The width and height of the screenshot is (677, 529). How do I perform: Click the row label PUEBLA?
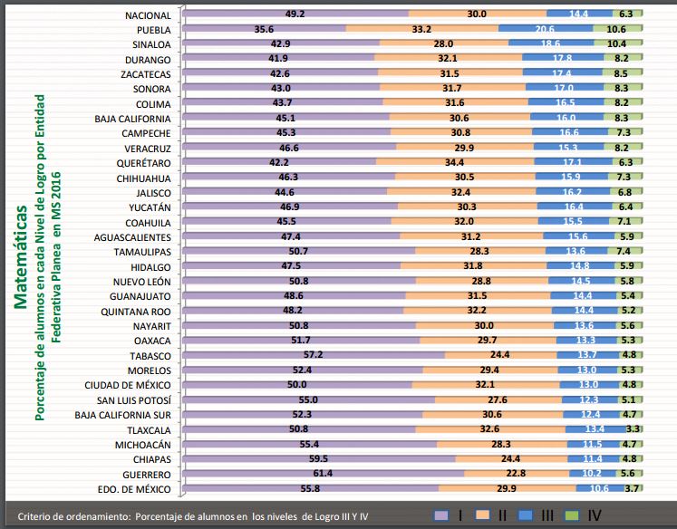[154, 30]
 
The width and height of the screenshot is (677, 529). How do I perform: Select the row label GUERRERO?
[147, 475]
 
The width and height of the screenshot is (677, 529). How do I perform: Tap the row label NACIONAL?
[148, 15]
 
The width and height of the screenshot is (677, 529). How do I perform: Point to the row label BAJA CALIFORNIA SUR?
[122, 415]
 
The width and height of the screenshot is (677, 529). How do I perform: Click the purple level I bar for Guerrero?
[324, 474]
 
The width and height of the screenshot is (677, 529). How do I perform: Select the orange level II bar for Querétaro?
[455, 162]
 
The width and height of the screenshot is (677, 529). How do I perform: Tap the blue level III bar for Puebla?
[546, 29]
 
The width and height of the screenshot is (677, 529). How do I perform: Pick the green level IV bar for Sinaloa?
[618, 43]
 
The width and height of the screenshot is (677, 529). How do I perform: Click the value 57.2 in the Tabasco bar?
[313, 355]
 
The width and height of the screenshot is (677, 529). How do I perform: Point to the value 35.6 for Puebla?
[264, 29]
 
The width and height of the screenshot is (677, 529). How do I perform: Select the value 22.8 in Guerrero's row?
[516, 474]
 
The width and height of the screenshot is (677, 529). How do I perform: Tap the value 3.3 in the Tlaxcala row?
[633, 428]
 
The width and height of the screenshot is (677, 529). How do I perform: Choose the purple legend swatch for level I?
[441, 515]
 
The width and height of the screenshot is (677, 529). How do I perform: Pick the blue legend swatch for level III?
[526, 515]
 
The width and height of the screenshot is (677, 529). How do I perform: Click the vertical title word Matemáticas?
[21, 257]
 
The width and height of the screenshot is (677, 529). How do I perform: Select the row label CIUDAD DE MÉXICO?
[128, 385]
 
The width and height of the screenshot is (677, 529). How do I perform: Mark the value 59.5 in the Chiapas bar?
[319, 458]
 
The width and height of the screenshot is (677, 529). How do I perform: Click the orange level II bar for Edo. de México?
[508, 488]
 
